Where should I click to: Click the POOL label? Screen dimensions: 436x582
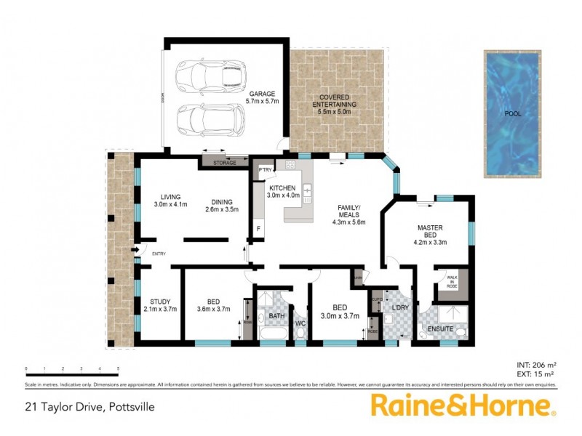[513, 113]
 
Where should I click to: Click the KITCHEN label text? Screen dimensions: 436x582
[282, 188]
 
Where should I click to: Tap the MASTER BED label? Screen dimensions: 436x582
[430, 227]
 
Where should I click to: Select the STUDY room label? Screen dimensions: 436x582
[160, 302]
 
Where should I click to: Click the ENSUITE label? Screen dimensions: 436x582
[441, 329]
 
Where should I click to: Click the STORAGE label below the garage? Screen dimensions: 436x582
[225, 163]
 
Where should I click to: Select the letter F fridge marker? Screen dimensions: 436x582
[258, 230]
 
